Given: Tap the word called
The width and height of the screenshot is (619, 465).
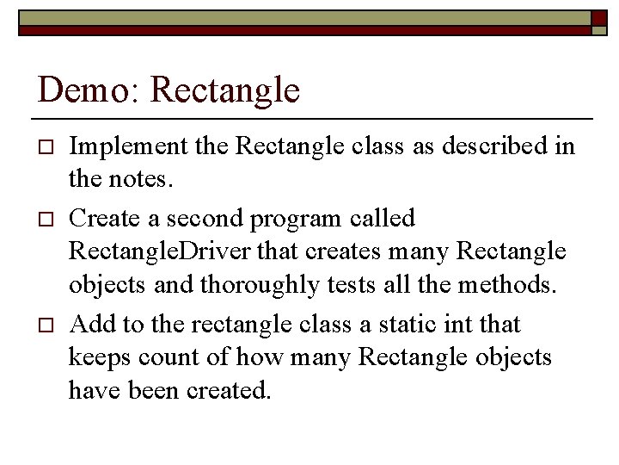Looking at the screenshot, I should [383, 218].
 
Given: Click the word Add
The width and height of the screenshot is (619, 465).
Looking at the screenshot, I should [89, 324].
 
